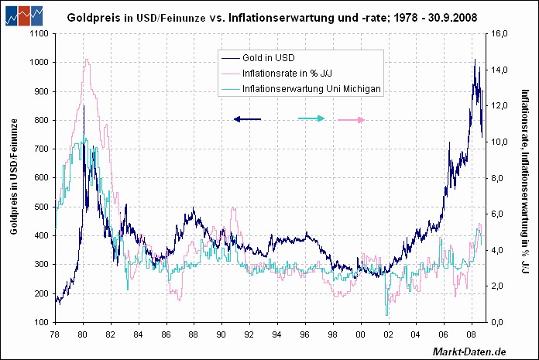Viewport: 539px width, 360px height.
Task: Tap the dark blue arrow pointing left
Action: point(247,119)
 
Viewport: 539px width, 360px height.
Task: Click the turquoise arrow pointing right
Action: point(311,119)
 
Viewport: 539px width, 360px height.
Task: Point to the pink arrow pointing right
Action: point(351,120)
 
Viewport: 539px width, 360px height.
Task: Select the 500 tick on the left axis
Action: point(38,207)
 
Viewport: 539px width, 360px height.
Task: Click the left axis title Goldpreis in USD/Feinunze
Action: point(14,177)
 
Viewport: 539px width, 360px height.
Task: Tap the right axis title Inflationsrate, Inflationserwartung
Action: point(524,177)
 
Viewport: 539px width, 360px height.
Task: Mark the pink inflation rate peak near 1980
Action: point(86,60)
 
